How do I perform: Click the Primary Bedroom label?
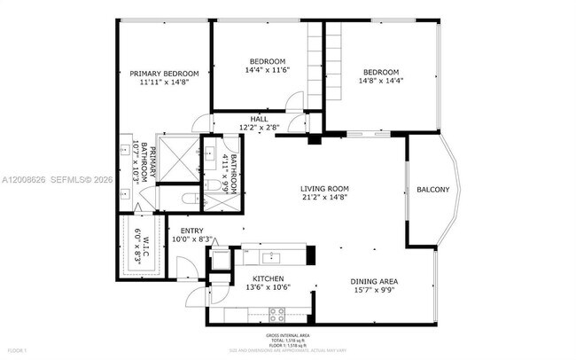click(164, 74)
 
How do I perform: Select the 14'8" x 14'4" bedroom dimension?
click(379, 81)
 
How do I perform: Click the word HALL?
click(259, 119)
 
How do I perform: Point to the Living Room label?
click(323, 189)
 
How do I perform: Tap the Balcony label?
click(432, 189)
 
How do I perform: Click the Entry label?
click(191, 230)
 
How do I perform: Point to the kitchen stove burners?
click(276, 312)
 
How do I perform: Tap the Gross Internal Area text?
click(288, 335)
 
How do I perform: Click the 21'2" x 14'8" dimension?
click(323, 198)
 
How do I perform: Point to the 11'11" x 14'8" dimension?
click(164, 82)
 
